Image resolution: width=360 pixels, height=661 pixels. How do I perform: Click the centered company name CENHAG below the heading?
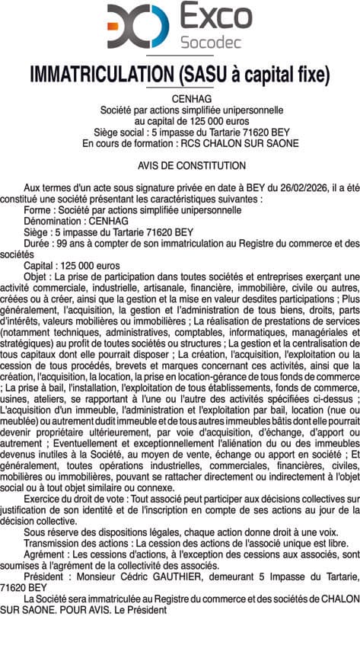[180, 98]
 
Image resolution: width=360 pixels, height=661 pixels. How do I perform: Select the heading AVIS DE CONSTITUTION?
[180, 165]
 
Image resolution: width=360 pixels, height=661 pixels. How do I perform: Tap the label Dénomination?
[52, 221]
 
